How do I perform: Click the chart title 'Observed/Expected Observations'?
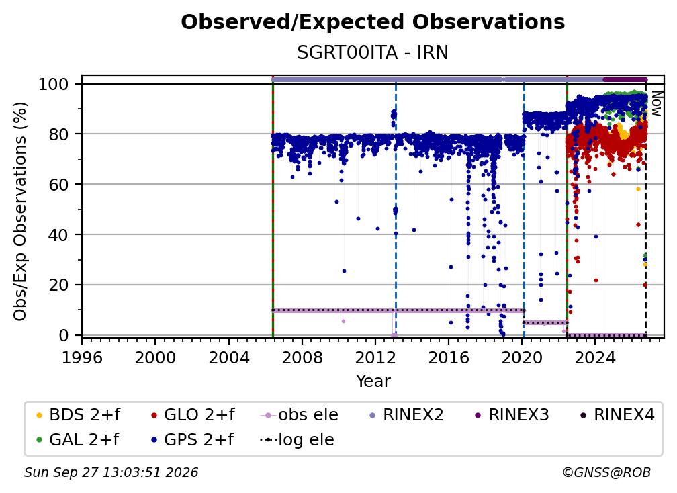(373, 22)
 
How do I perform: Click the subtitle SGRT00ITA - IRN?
(373, 52)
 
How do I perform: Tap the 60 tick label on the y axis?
(58, 184)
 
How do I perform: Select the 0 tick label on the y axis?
(64, 335)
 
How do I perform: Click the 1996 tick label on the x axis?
(82, 358)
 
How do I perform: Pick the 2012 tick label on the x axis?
(375, 358)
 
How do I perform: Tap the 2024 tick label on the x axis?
(595, 358)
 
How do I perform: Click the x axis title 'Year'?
(373, 382)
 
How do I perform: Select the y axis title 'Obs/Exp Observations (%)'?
(20, 211)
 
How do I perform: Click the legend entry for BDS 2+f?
(78, 415)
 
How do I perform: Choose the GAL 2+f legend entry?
(77, 440)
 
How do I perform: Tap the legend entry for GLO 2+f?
(193, 415)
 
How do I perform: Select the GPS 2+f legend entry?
(192, 440)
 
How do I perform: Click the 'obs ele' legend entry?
(300, 415)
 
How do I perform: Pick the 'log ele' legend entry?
(297, 440)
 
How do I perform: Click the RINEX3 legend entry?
(512, 415)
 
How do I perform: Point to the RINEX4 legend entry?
(617, 415)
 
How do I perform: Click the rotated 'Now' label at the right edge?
(656, 103)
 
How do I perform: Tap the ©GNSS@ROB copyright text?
(606, 473)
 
